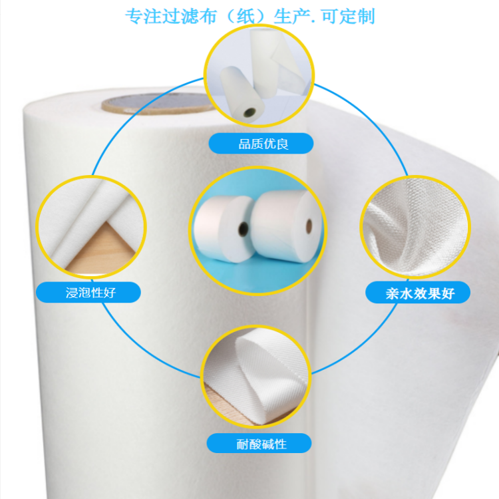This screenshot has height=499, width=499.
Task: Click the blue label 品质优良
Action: point(261,144)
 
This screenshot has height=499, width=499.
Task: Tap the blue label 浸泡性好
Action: point(88,292)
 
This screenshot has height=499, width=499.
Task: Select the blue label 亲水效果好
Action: point(418,293)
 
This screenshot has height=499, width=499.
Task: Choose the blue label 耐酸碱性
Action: point(259,443)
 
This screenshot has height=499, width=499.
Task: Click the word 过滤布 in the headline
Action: point(180,16)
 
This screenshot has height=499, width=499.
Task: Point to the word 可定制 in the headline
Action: point(348,16)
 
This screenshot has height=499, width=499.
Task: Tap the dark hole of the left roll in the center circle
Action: point(244,229)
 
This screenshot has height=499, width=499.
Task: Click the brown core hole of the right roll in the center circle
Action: point(309,226)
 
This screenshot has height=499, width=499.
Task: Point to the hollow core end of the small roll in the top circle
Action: point(249,113)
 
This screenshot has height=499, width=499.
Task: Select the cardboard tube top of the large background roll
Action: point(158,104)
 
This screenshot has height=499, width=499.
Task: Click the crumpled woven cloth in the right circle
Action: point(416,227)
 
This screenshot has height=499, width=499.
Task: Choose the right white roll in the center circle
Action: point(286,226)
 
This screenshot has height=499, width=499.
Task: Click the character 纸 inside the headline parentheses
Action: point(246,16)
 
